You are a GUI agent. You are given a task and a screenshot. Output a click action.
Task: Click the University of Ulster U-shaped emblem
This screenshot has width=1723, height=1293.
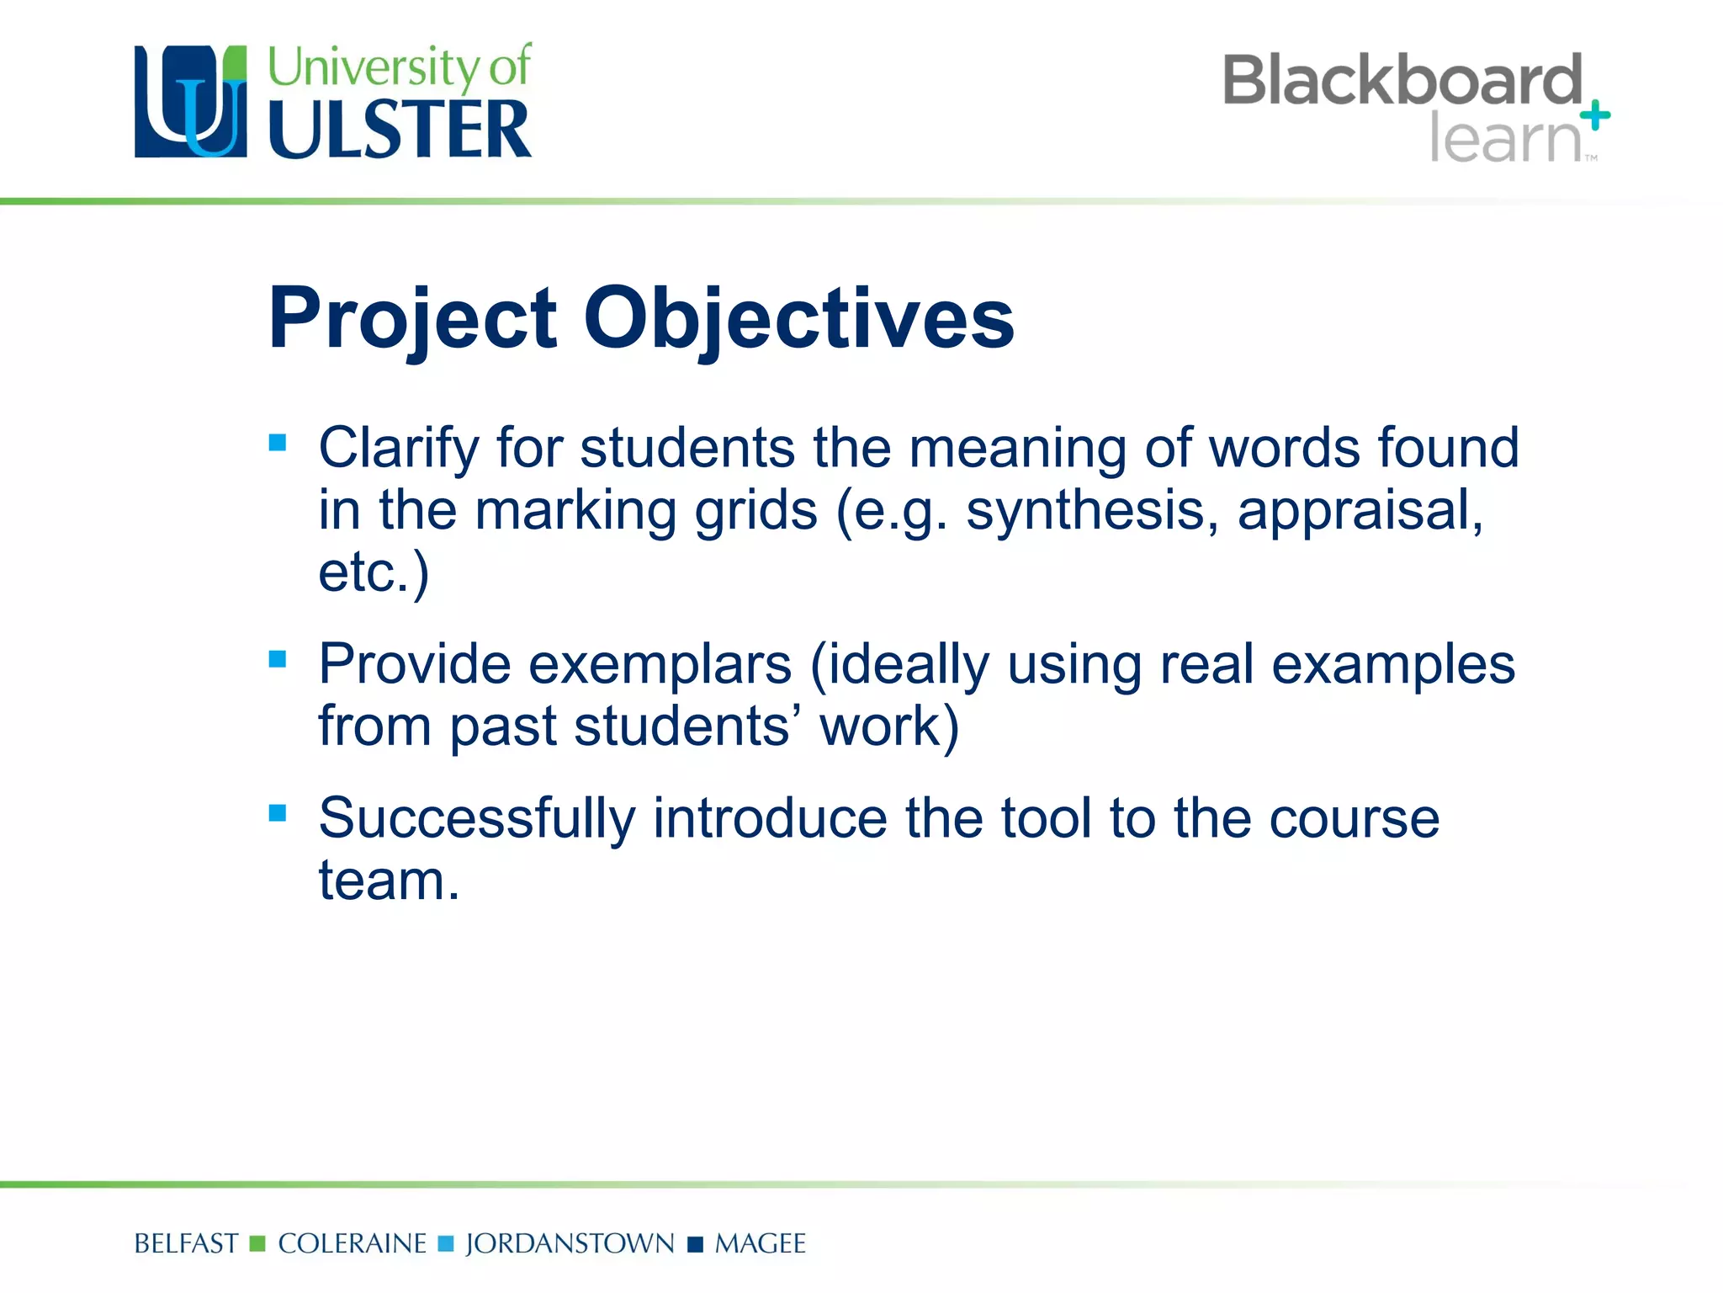191,102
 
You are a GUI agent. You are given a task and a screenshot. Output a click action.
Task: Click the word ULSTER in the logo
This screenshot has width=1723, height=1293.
400,130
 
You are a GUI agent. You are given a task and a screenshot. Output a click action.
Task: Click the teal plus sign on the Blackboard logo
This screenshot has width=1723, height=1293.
1595,115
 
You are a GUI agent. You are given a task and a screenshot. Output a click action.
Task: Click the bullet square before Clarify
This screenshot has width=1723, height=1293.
278,443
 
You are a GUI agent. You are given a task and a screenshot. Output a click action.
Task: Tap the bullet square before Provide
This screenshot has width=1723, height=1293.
278,658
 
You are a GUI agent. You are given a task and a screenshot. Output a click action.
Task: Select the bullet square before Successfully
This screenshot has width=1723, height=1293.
278,813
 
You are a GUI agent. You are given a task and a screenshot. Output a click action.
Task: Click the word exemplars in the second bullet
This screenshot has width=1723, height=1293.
660,665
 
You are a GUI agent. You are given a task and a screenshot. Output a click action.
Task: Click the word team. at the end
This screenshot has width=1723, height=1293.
389,881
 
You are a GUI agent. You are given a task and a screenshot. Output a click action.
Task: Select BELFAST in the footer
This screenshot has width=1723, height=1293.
186,1244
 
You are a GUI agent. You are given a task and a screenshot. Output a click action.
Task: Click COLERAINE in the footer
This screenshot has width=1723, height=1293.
352,1244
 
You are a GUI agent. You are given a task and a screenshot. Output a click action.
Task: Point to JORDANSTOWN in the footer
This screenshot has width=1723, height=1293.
570,1244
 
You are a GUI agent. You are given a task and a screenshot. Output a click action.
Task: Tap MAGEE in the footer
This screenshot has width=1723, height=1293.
760,1244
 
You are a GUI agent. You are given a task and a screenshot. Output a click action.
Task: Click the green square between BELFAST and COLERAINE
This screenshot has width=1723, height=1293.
258,1244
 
